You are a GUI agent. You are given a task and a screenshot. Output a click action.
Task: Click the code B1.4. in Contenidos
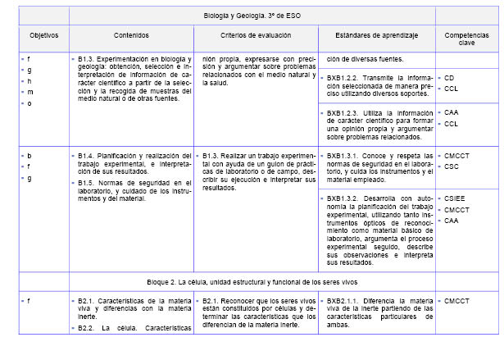point(86,155)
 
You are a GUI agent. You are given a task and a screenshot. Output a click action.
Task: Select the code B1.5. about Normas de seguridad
point(86,181)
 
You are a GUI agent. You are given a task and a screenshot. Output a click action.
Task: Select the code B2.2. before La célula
point(86,328)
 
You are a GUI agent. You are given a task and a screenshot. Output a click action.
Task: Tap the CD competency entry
point(449,79)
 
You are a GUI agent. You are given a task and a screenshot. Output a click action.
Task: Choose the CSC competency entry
point(452,166)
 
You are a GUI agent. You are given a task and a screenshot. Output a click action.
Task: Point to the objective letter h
point(30,81)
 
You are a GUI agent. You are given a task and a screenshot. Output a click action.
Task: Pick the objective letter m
point(30,92)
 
